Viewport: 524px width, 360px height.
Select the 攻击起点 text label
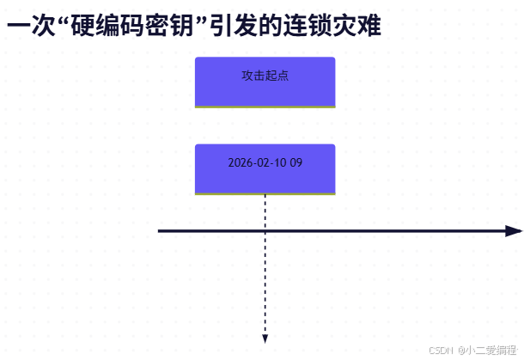[x=265, y=76]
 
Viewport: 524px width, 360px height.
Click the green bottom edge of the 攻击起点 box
[x=265, y=107]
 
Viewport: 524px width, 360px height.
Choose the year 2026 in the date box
[x=241, y=162]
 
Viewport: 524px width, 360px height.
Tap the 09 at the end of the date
[x=296, y=162]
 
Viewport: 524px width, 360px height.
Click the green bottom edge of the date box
[x=265, y=194]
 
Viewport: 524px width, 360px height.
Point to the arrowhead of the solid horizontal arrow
[x=514, y=231]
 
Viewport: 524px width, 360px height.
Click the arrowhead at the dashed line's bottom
[x=265, y=339]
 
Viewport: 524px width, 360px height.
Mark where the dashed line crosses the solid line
[x=265, y=231]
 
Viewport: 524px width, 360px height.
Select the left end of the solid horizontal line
[x=160, y=231]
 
